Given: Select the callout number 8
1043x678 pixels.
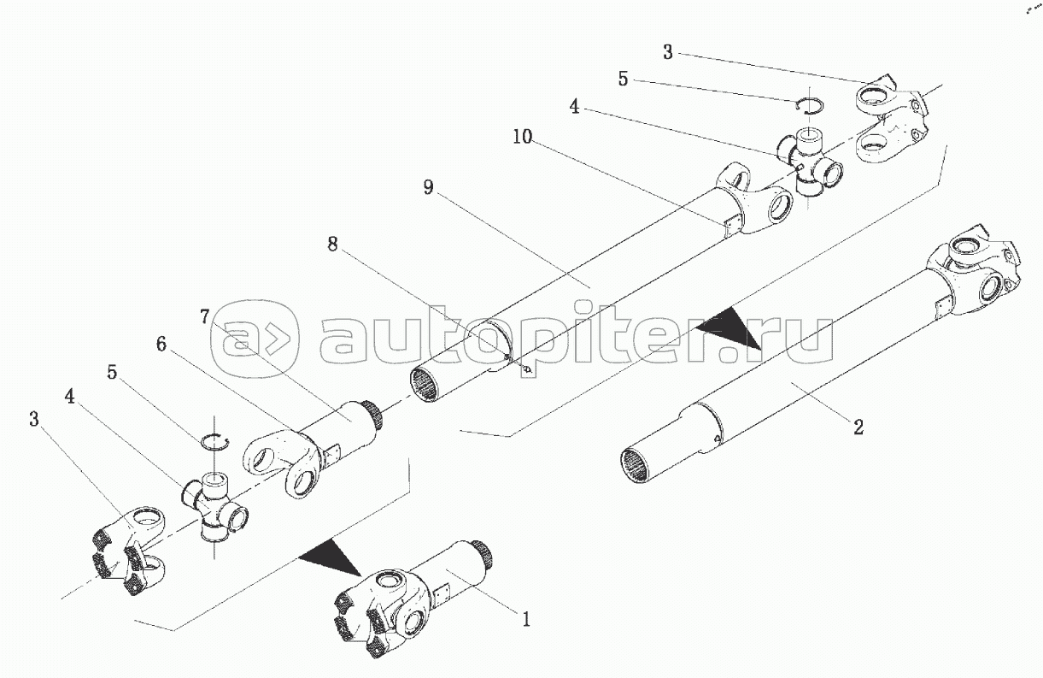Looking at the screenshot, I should click(x=332, y=245).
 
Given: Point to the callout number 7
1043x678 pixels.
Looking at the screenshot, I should click(x=206, y=316).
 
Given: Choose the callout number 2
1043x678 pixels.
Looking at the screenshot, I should click(x=858, y=427).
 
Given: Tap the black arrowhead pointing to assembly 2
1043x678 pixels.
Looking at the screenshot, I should click(x=726, y=328).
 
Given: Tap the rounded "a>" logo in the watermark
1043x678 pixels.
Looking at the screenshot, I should click(x=255, y=340).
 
